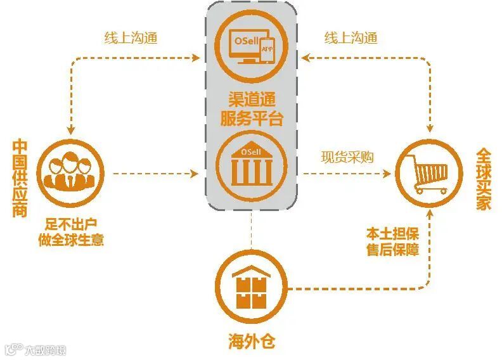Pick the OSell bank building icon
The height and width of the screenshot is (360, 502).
point(252,161)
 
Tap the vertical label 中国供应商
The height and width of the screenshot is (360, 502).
point(20,179)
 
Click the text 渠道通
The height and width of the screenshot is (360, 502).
point(252,99)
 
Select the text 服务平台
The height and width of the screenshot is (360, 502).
point(252,118)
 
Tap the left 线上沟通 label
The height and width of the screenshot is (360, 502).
point(131,38)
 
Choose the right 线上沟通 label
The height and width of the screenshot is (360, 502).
point(351,38)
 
